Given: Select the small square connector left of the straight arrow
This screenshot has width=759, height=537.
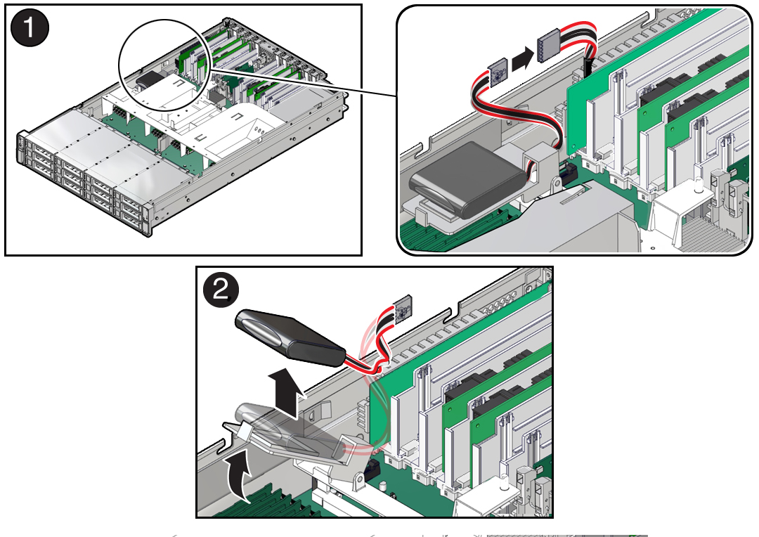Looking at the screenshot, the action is click(498, 72).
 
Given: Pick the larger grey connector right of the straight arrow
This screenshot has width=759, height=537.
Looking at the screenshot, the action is click(548, 46).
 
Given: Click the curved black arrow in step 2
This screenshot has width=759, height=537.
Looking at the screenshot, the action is click(240, 472).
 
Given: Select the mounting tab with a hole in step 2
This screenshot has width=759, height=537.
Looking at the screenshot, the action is click(358, 479).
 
